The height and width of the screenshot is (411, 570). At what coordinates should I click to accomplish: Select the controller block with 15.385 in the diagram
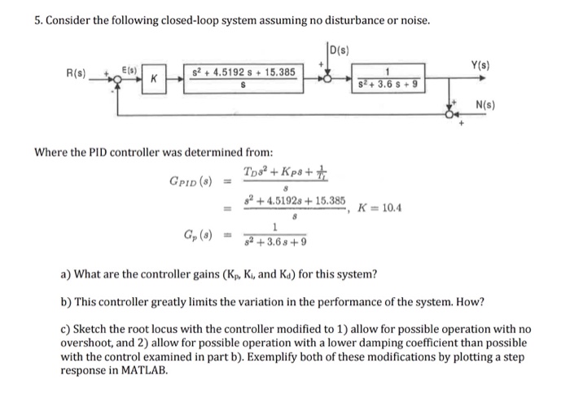coord(236,79)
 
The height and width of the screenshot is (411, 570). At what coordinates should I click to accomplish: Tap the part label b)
coord(65,302)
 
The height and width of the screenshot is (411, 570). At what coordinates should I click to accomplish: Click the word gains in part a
coord(204,274)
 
